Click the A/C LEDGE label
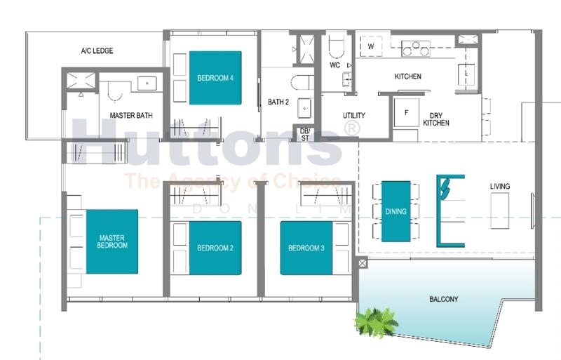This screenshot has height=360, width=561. [x=97, y=51]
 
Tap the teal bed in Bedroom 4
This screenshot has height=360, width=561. [x=215, y=78]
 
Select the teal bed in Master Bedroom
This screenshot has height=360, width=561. [x=112, y=241]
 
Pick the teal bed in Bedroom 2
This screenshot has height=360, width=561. [x=215, y=248]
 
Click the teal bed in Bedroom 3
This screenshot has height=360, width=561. [x=306, y=248]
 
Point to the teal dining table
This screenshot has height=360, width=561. [x=396, y=211]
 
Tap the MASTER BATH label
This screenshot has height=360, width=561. [x=131, y=115]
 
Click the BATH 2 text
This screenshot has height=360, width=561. [x=278, y=102]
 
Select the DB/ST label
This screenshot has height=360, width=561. [x=304, y=133]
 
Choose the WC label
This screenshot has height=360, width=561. [x=334, y=65]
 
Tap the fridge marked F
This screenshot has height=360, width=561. [x=405, y=112]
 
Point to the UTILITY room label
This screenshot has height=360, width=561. [x=353, y=115]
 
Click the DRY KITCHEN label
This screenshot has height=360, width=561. [x=436, y=119]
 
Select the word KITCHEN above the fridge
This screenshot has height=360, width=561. [x=407, y=76]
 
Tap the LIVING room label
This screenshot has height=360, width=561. [x=500, y=186]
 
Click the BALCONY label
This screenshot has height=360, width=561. [x=443, y=300]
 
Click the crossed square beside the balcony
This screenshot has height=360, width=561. [x=363, y=264]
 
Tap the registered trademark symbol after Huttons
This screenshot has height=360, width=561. [x=351, y=128]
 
